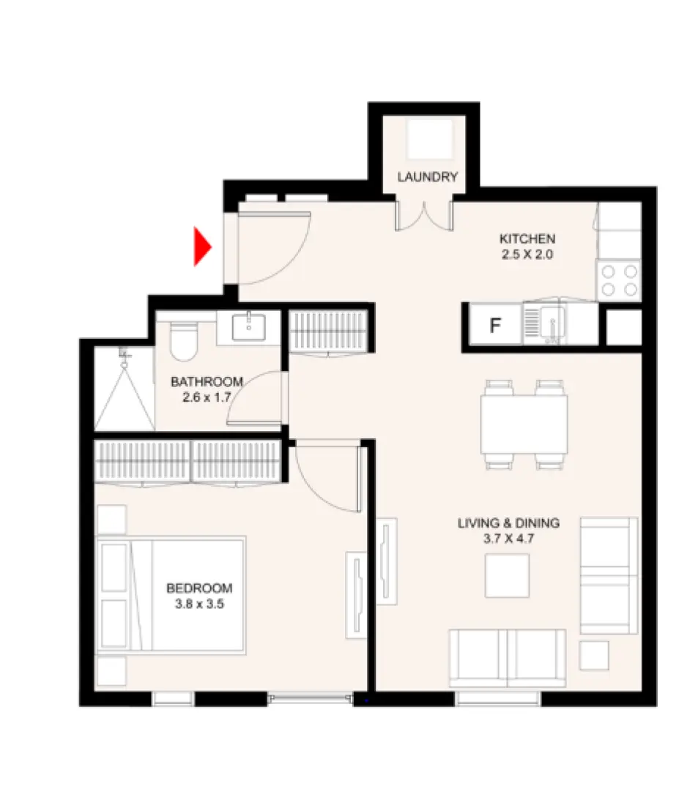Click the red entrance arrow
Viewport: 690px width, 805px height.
(201, 247)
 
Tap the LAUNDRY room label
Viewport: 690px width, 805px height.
(428, 177)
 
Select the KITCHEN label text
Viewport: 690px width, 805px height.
(527, 239)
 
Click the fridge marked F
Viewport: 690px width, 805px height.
(495, 326)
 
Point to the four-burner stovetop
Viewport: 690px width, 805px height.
(619, 280)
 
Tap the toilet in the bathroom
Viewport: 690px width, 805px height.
(182, 340)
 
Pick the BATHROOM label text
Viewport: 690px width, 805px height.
(206, 382)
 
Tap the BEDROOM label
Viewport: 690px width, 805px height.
(199, 588)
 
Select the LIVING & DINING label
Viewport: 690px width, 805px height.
(508, 523)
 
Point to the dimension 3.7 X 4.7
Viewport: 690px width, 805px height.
(508, 539)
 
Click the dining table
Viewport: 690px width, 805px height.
(524, 424)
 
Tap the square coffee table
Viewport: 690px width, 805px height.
(507, 575)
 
